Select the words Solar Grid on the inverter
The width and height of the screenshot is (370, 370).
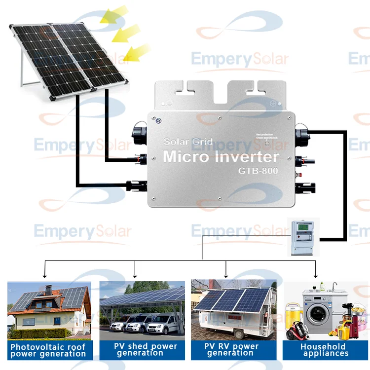point(188,142)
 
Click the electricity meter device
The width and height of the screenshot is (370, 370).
point(303,238)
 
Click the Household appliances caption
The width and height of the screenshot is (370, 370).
point(326,350)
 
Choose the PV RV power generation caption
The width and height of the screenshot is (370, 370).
point(232,350)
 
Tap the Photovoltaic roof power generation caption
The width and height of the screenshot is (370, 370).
point(48,350)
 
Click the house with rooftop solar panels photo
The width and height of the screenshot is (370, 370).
point(49,308)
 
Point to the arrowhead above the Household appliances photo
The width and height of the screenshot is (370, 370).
point(316,274)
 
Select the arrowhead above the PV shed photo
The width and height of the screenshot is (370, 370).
point(135,274)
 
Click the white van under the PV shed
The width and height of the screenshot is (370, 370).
point(165,324)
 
